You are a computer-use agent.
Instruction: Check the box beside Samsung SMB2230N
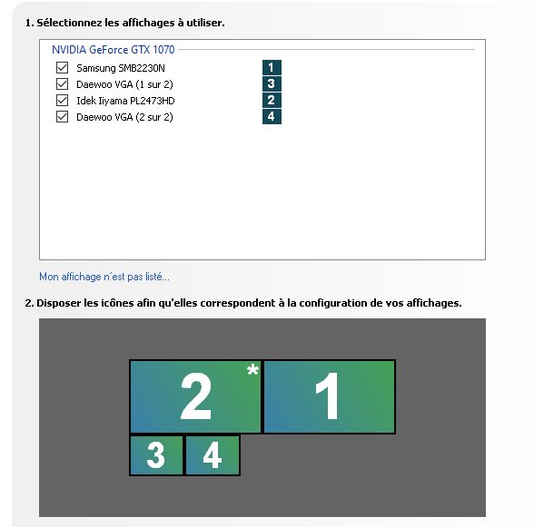click(62, 68)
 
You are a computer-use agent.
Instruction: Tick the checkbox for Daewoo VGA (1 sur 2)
click(62, 84)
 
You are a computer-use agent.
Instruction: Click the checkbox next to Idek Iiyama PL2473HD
click(62, 101)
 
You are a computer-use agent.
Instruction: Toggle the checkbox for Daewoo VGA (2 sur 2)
click(62, 117)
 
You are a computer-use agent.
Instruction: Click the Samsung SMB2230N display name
click(121, 68)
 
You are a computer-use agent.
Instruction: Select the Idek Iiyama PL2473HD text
click(125, 101)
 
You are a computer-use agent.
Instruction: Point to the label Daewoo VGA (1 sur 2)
click(124, 84)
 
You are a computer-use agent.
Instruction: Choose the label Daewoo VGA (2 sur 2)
click(124, 117)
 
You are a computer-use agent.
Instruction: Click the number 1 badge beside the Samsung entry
click(272, 67)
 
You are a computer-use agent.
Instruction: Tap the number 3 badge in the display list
click(272, 83)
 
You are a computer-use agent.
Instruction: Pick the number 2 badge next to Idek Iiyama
click(272, 100)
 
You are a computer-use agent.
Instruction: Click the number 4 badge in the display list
click(272, 116)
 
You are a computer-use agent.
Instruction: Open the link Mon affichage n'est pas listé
click(104, 277)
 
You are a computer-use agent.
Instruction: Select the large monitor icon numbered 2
click(195, 396)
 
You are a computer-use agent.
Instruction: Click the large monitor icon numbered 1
click(330, 396)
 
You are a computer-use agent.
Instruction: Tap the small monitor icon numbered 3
click(156, 455)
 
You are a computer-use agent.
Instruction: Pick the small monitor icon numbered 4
click(213, 455)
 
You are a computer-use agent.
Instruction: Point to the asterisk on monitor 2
click(252, 369)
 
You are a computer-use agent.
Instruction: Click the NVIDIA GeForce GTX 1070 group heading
click(113, 50)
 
